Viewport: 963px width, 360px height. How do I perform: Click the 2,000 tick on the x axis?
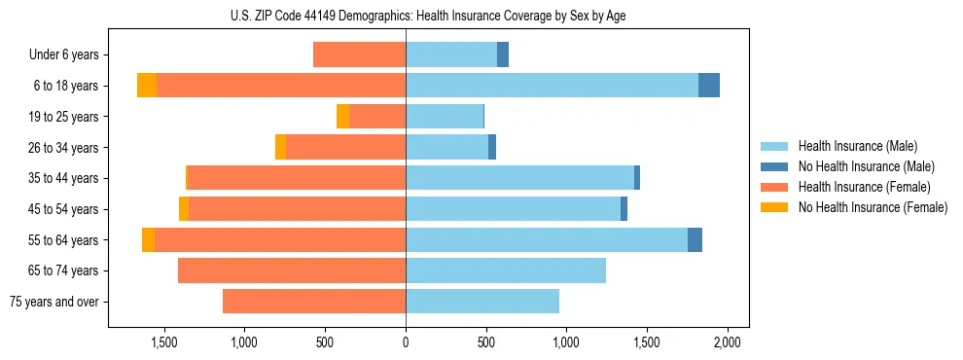point(728,342)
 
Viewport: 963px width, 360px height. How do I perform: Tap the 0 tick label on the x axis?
point(406,342)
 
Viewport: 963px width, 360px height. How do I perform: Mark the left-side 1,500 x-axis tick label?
point(163,342)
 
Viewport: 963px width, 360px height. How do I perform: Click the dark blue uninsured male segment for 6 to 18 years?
point(709,86)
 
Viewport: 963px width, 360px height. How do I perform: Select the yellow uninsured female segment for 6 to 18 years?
point(147,86)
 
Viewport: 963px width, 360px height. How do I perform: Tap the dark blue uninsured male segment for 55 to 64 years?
point(695,239)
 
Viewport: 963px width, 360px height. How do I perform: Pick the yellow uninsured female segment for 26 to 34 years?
point(280,147)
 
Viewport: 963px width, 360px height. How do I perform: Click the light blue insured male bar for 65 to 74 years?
point(506,270)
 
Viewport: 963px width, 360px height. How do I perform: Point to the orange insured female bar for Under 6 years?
point(359,54)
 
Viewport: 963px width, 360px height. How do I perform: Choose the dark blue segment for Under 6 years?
point(503,54)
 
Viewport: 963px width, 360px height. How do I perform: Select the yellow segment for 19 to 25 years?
point(342,117)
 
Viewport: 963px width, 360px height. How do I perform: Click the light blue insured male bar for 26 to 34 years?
point(446,147)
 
